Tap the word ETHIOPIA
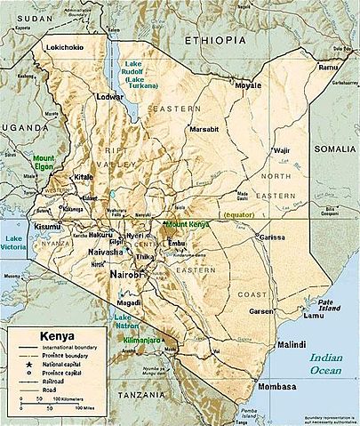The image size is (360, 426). tap(216, 42)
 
